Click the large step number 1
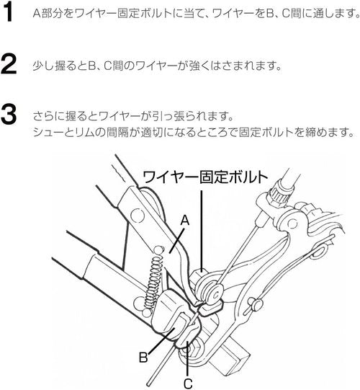pyautogui.click(x=9, y=12)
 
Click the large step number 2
pyautogui.click(x=9, y=65)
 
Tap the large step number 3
pyautogui.click(x=9, y=114)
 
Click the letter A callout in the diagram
pyautogui.click(x=184, y=221)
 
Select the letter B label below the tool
pyautogui.click(x=143, y=358)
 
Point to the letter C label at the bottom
pyautogui.click(x=188, y=384)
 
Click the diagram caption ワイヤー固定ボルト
pyautogui.click(x=205, y=177)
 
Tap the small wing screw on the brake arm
pyautogui.click(x=255, y=304)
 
